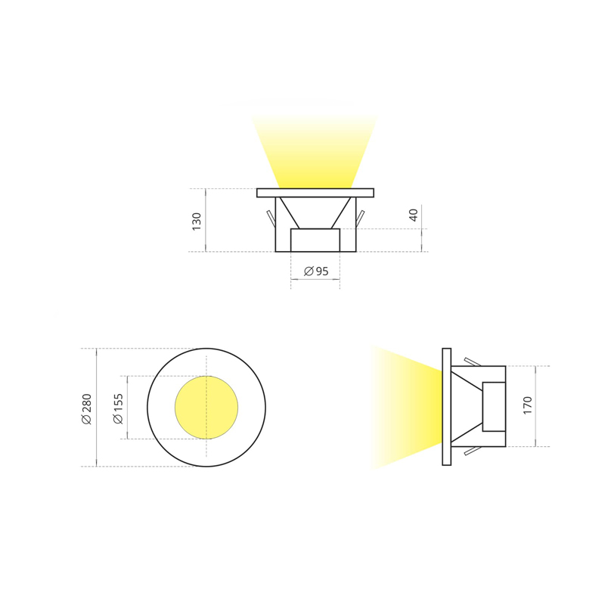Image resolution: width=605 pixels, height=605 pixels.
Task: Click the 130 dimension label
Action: pyautogui.click(x=197, y=222)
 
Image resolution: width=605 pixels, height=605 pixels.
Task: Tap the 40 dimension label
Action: pyautogui.click(x=413, y=215)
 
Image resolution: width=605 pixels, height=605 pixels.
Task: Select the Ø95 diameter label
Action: pyautogui.click(x=316, y=271)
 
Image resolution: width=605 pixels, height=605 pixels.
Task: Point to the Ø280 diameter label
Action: pyautogui.click(x=87, y=409)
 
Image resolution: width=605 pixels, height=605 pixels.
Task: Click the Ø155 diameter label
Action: pyautogui.click(x=118, y=408)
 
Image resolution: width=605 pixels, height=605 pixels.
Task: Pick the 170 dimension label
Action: pyautogui.click(x=527, y=405)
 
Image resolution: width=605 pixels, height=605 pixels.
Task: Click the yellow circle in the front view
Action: pyautogui.click(x=206, y=408)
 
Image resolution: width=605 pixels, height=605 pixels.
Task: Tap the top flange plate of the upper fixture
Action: pyautogui.click(x=315, y=193)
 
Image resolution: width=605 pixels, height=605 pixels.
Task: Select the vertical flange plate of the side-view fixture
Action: pyautogui.click(x=446, y=407)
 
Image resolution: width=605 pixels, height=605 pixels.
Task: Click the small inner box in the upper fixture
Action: pyautogui.click(x=315, y=240)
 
